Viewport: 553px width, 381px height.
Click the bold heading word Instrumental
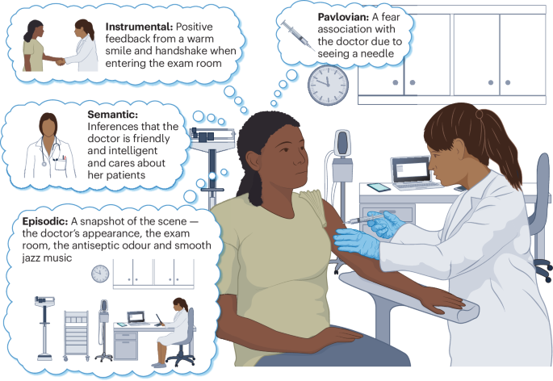[x=139, y=27]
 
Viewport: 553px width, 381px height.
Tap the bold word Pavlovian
[x=344, y=17]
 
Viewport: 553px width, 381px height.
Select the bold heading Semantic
[x=112, y=115]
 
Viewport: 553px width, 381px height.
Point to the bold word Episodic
[x=45, y=221]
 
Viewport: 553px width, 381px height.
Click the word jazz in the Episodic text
[x=33, y=257]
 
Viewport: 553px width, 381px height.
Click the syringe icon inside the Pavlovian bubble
[x=298, y=35]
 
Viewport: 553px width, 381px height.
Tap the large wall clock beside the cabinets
[x=328, y=85]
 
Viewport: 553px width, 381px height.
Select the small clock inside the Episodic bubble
[x=100, y=274]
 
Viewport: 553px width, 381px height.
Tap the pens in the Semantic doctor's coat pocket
[x=64, y=157]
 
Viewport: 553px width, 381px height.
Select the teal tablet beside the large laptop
[x=379, y=187]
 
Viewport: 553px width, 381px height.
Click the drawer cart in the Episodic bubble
[x=76, y=335]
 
